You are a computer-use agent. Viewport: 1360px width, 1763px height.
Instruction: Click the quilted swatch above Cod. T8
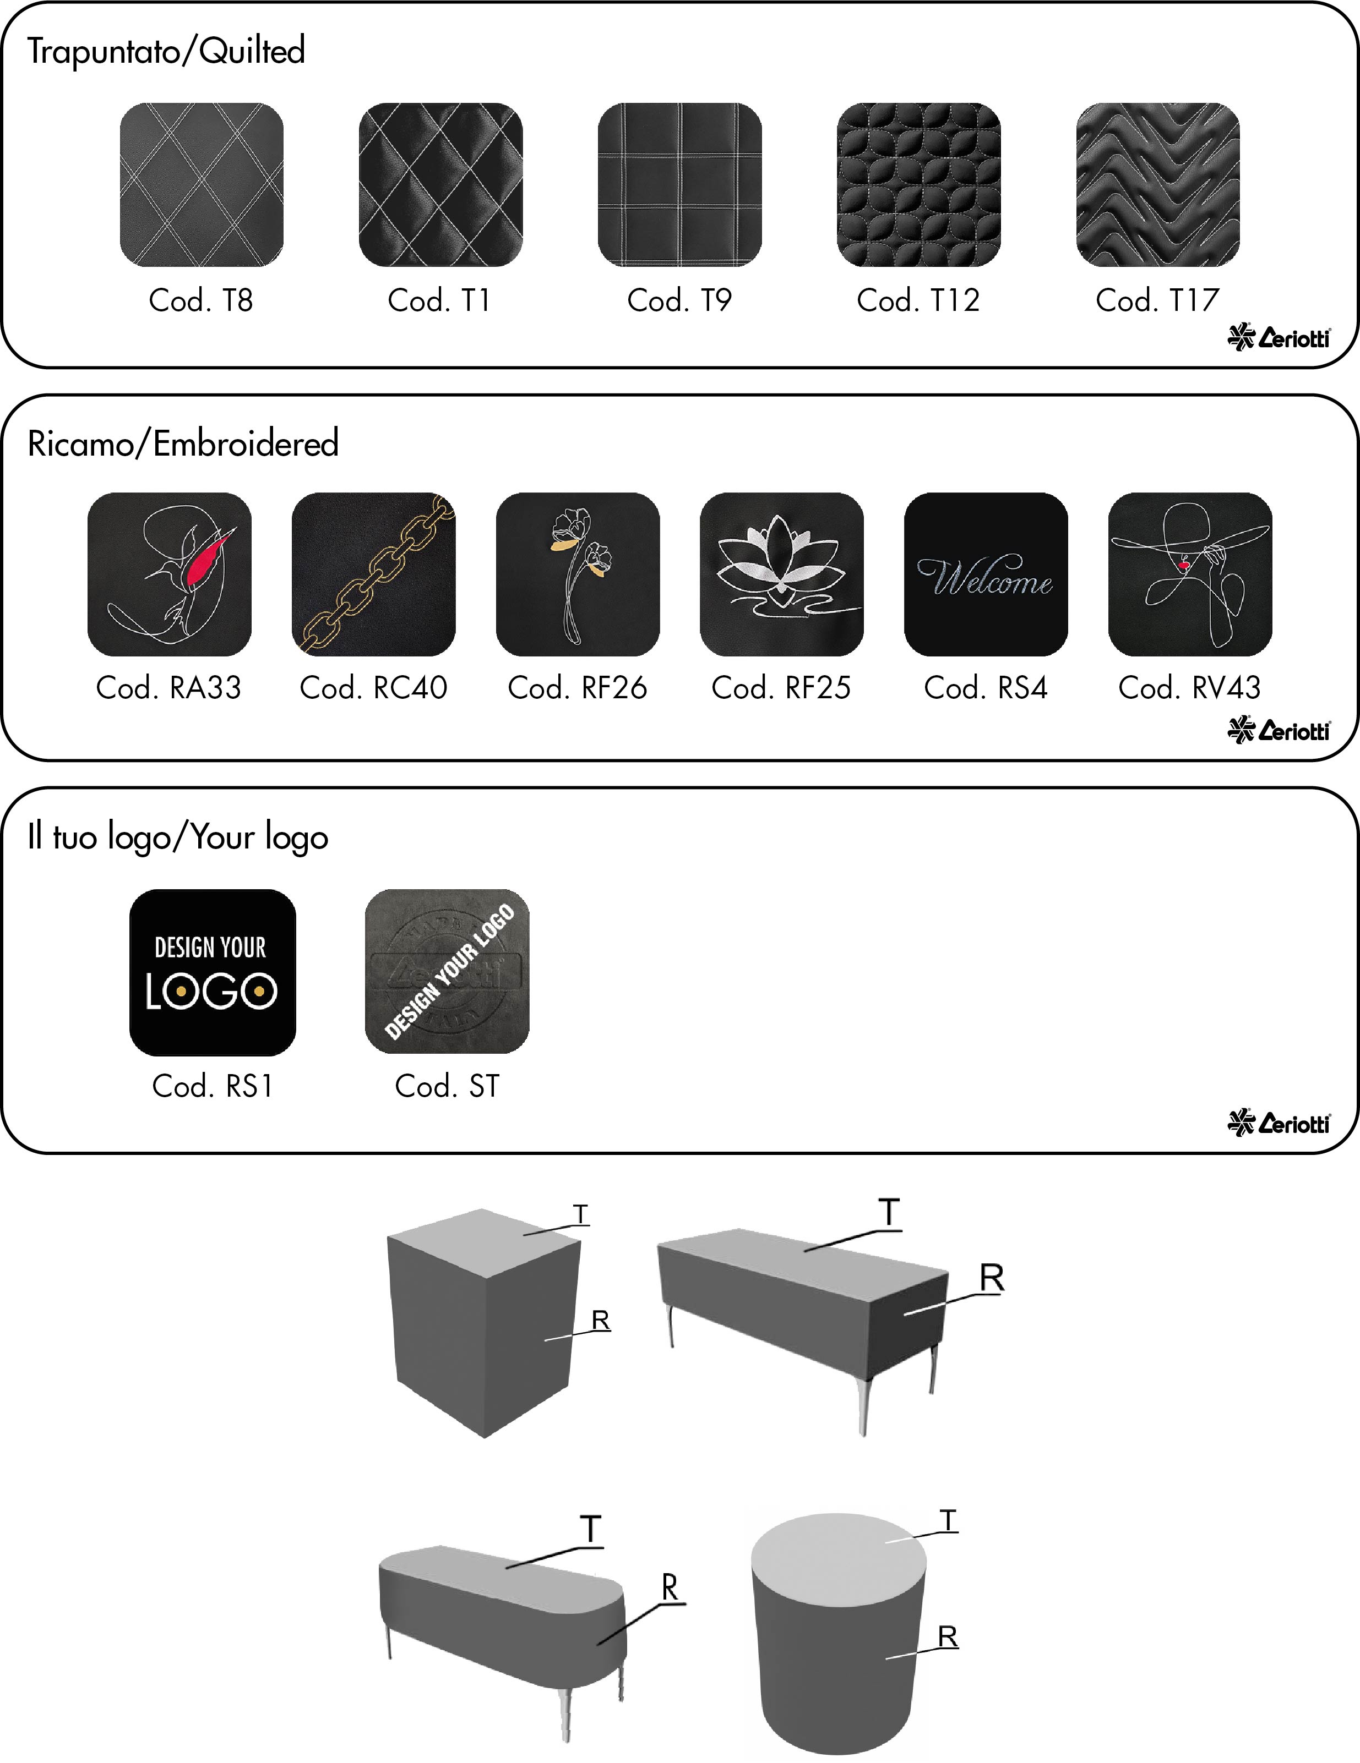click(202, 185)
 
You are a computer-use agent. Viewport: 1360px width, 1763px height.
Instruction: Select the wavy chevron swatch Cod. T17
click(1157, 185)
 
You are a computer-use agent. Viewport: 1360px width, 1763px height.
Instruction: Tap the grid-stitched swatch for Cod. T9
click(679, 185)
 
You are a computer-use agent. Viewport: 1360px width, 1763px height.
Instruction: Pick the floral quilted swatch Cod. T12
click(918, 185)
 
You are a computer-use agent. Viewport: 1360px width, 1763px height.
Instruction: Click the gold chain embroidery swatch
click(373, 574)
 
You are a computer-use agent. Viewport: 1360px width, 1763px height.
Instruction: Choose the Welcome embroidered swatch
click(985, 574)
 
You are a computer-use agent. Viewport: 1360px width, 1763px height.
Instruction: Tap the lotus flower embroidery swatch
click(781, 574)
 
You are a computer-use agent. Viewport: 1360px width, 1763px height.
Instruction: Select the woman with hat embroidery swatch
click(1190, 574)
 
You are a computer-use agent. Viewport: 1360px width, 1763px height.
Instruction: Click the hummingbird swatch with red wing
click(169, 574)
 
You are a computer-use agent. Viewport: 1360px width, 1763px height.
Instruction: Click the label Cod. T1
click(439, 300)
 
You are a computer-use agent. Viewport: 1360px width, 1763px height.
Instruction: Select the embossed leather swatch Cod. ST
click(447, 971)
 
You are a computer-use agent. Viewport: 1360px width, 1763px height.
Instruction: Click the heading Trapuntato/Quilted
click(166, 51)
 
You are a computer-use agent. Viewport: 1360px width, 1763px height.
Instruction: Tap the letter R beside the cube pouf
click(600, 1320)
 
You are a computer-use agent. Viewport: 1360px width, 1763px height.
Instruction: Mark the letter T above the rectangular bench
click(888, 1212)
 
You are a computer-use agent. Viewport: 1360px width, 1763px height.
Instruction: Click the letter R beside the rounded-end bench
click(670, 1586)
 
